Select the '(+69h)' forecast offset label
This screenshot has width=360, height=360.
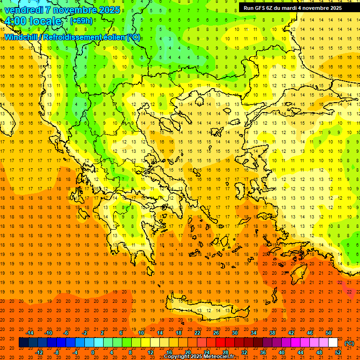click(x=81, y=21)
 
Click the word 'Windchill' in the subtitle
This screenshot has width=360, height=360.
click(x=23, y=37)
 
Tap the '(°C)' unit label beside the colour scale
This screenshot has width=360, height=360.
click(x=349, y=343)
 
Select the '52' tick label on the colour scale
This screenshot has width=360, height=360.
click(x=338, y=352)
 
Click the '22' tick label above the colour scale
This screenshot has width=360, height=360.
click(x=197, y=333)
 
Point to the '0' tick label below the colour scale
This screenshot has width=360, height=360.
click(x=93, y=352)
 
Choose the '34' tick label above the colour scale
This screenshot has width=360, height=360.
click(x=254, y=333)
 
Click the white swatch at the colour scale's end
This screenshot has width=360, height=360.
click(x=333, y=343)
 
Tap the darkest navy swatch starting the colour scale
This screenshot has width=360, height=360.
click(x=23, y=343)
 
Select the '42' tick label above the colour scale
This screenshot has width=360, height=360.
click(x=291, y=333)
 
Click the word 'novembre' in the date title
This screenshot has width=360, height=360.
click(x=75, y=10)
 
